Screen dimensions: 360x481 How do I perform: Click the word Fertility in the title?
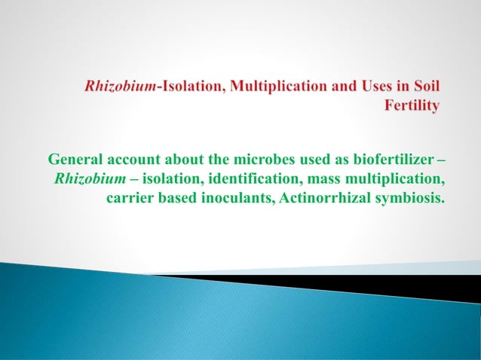click(412, 106)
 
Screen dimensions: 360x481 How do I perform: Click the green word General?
click(75, 160)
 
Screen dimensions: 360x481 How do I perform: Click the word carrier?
click(130, 200)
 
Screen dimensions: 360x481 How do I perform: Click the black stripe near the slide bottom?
click(377, 282)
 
